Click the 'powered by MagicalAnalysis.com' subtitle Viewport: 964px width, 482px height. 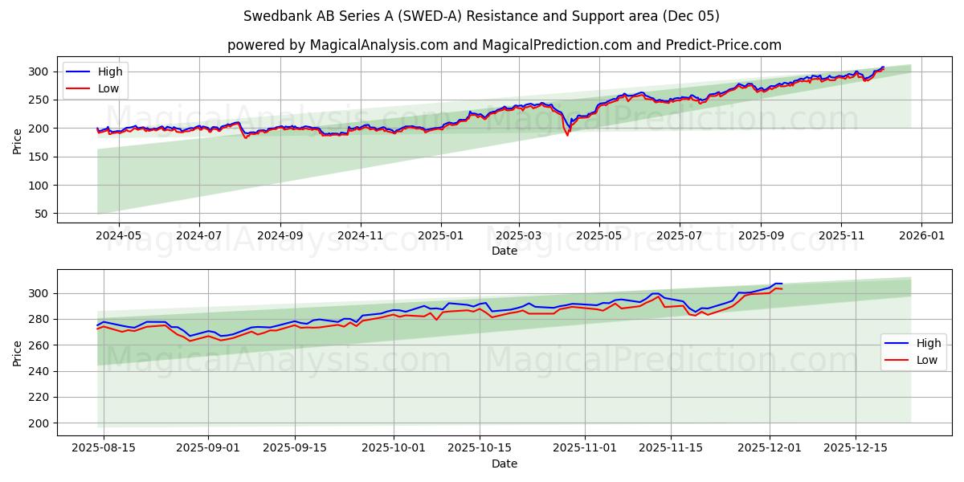[x=504, y=45]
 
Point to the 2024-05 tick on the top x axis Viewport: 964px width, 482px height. [x=118, y=237]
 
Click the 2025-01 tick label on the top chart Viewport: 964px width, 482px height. [x=440, y=237]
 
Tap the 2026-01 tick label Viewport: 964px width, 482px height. [x=921, y=237]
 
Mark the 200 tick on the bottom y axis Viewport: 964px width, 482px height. [x=40, y=423]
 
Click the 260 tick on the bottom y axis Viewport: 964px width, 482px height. [x=40, y=345]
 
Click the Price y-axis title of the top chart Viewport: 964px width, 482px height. [x=18, y=141]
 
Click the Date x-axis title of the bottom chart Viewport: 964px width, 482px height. [x=504, y=464]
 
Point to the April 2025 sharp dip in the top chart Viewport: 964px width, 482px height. [x=567, y=133]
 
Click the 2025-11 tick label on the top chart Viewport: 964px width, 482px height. [x=841, y=237]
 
